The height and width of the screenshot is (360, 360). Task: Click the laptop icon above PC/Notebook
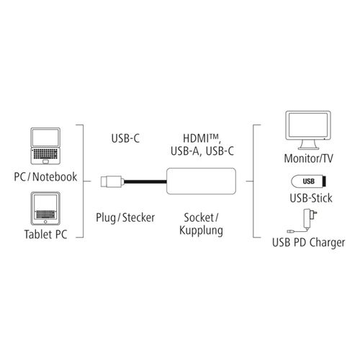click(x=45, y=146)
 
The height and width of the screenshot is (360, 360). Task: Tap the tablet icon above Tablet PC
click(x=45, y=209)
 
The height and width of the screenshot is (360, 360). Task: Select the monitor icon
click(x=308, y=130)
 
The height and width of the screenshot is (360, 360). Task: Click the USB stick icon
click(x=308, y=181)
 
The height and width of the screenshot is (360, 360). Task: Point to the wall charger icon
click(x=302, y=221)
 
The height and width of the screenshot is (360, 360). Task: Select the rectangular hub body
click(x=201, y=181)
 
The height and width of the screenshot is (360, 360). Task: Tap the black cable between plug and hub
click(x=145, y=181)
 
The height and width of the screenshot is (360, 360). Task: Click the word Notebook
click(x=55, y=177)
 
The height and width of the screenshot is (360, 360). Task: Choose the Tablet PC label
click(x=45, y=234)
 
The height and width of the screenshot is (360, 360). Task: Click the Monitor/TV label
click(x=308, y=158)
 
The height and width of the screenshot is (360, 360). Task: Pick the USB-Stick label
click(x=311, y=198)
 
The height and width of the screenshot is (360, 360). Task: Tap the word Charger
click(x=327, y=243)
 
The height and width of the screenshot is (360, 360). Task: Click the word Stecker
click(x=138, y=217)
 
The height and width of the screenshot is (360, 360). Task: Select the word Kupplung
click(x=201, y=230)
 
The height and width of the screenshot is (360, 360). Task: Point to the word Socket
click(x=199, y=217)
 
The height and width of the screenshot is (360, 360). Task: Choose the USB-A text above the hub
click(x=185, y=151)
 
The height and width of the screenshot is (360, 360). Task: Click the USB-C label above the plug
click(x=125, y=138)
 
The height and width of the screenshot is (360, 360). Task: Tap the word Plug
click(x=106, y=218)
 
